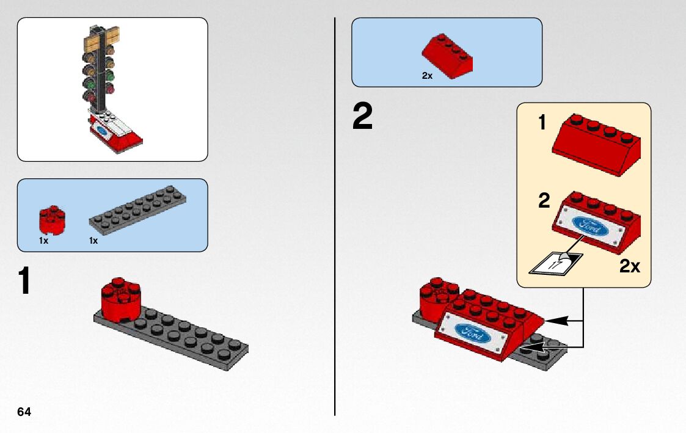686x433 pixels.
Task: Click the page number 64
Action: coord(24,412)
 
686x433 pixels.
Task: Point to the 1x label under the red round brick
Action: coord(43,241)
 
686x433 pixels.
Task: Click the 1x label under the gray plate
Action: coord(93,241)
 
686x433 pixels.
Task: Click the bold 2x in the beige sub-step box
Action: coord(630,266)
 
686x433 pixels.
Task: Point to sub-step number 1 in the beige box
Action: coord(542,123)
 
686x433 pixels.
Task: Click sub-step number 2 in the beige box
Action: coord(544,201)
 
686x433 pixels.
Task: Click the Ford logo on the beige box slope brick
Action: coord(591,227)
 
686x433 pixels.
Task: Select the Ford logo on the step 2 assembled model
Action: coord(472,333)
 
